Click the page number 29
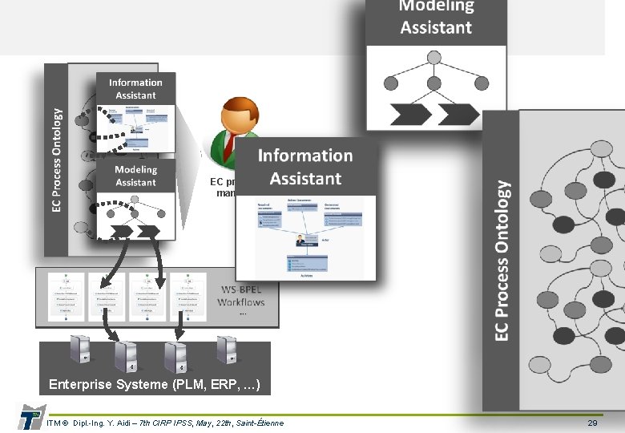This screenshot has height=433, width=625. (592, 423)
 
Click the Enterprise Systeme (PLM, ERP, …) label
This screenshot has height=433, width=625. (155, 384)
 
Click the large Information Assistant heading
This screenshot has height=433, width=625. (304, 167)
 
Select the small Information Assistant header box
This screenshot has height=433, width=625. (135, 89)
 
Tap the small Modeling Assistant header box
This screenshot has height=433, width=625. (135, 176)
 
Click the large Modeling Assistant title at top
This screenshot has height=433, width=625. (436, 18)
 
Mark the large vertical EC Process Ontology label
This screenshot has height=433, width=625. (502, 259)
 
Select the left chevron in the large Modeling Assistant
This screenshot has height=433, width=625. (412, 115)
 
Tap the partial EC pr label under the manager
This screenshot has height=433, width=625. (222, 182)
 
